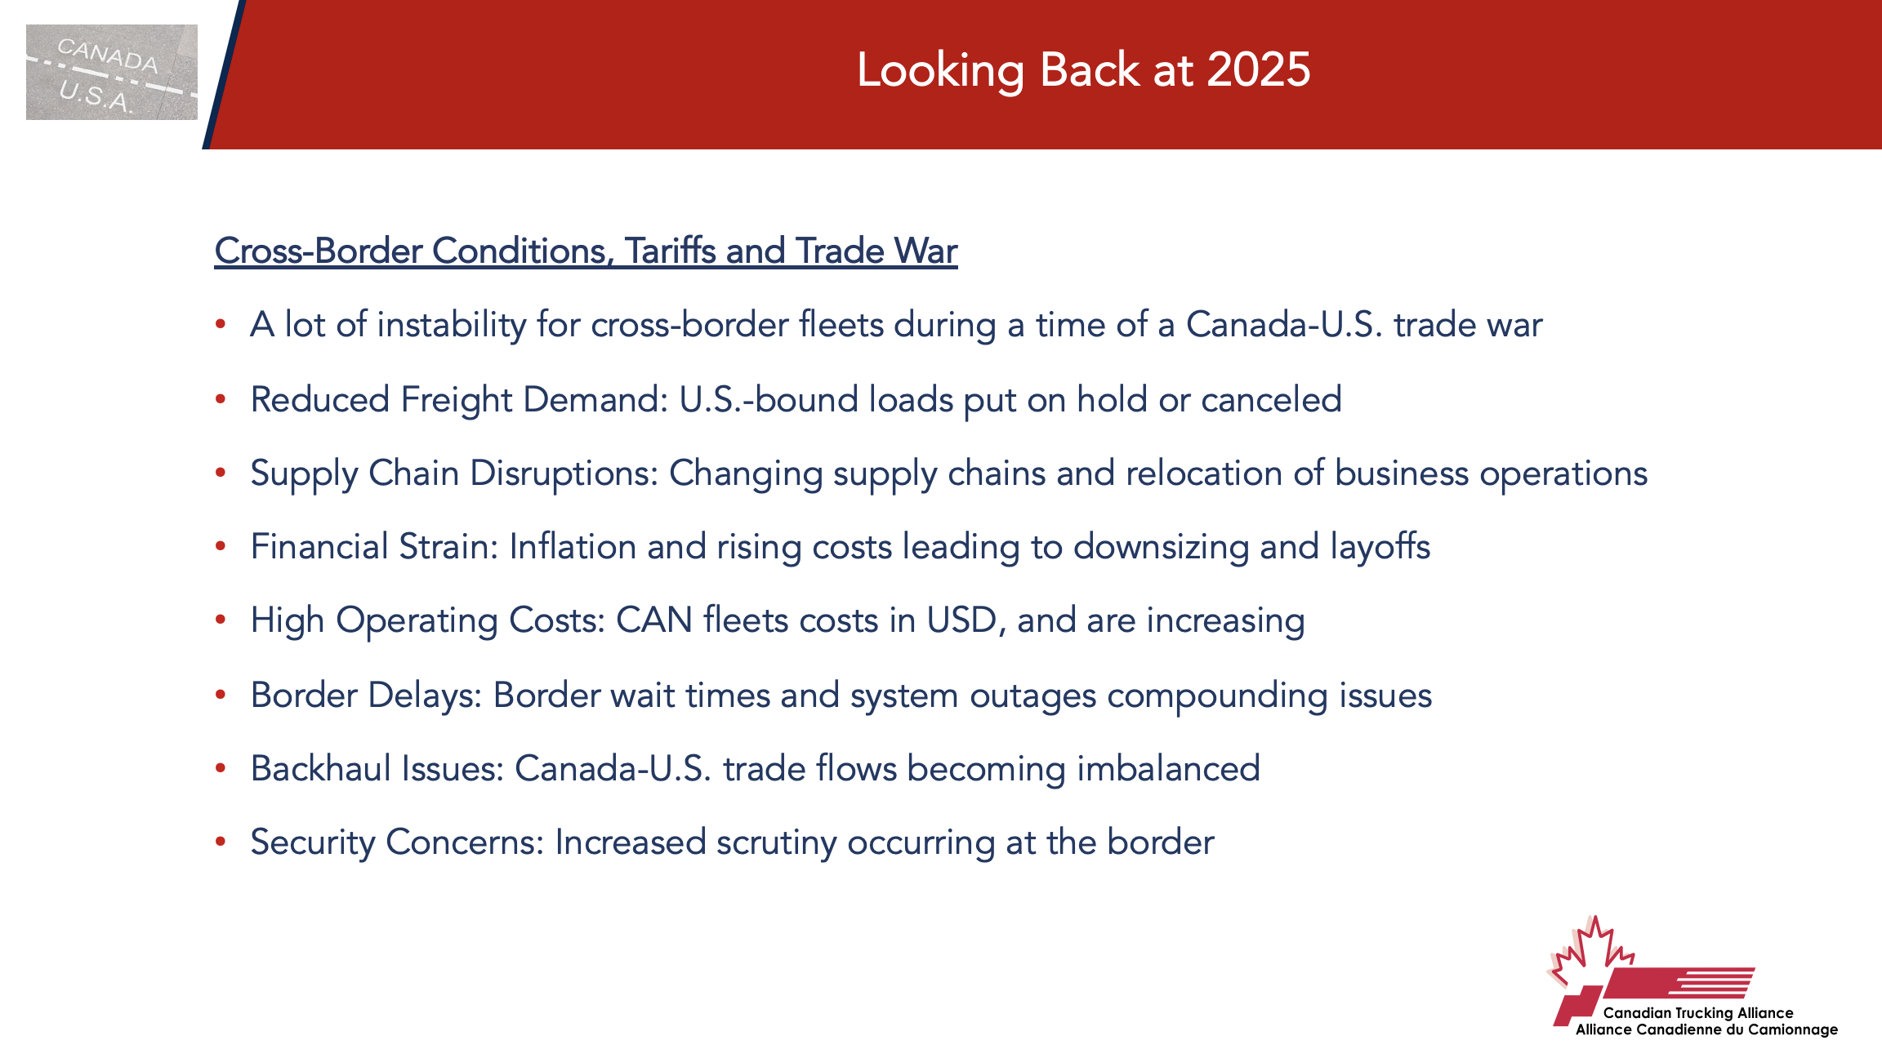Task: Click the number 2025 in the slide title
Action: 1258,69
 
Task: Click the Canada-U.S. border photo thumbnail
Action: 112,72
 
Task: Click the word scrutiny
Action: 777,843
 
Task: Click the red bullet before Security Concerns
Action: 221,842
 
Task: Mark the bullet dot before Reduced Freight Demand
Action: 221,399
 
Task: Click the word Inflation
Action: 573,547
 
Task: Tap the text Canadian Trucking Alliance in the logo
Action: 1698,1013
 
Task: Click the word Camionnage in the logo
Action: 1793,1030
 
